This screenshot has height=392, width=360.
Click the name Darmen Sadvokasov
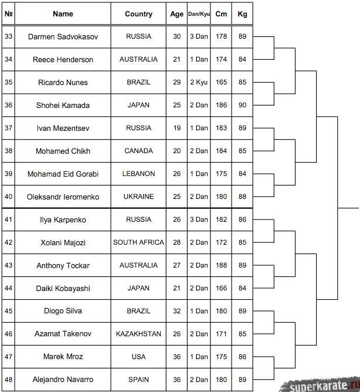coord(63,36)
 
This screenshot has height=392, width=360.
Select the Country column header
coord(138,14)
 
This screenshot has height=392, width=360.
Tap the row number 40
coord(8,197)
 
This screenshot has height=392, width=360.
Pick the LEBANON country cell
coord(138,174)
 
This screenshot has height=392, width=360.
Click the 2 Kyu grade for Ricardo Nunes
coord(198,82)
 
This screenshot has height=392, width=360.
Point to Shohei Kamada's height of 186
coord(221,105)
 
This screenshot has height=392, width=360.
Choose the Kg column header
coord(242,14)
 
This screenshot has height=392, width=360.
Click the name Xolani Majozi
coord(63,242)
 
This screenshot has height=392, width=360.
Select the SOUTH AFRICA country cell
coord(138,242)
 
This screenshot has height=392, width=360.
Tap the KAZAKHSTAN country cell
coord(138,334)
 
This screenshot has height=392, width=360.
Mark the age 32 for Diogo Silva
coord(177,311)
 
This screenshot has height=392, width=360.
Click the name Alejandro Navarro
coord(63,380)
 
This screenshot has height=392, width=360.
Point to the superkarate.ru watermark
coord(320,385)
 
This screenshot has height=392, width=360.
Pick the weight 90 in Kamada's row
coord(242,105)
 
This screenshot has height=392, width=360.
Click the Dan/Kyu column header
coord(198,14)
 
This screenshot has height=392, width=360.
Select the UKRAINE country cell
coord(138,197)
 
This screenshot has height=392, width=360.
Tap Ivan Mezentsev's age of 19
coord(177,128)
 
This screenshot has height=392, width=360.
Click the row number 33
coord(8,36)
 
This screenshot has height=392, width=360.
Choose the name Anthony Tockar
coord(63,265)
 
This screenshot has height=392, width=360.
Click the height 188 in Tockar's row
coord(221,265)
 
